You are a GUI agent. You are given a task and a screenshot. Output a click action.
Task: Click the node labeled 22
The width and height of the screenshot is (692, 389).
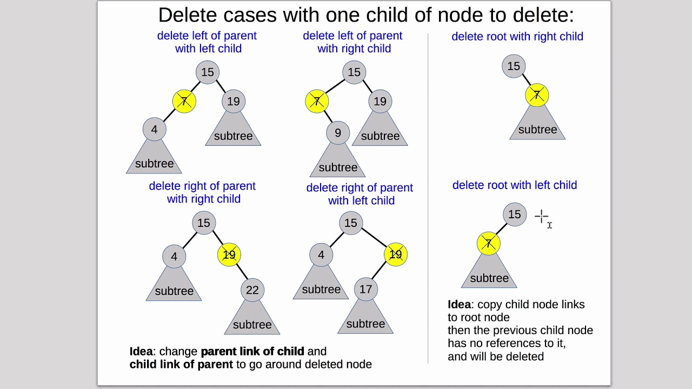click(252, 290)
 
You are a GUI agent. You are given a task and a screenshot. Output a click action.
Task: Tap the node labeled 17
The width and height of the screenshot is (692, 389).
click(366, 289)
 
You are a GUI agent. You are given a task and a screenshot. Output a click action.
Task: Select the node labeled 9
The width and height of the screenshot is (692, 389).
click(338, 133)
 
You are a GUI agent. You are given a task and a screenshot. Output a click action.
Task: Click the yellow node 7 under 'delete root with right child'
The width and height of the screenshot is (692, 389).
click(537, 95)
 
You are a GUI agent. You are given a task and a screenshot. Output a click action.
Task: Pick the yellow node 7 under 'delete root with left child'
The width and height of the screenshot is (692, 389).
click(488, 244)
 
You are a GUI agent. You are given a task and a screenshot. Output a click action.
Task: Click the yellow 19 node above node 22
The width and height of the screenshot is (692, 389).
click(229, 254)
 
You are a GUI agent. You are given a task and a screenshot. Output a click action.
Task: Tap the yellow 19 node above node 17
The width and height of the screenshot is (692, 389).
click(396, 254)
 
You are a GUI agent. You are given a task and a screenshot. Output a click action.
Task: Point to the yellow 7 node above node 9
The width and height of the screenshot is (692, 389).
click(317, 101)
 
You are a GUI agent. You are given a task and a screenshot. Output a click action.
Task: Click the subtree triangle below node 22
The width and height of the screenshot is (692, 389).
click(252, 318)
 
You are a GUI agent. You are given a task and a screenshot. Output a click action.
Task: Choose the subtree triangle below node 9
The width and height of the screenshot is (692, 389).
click(338, 160)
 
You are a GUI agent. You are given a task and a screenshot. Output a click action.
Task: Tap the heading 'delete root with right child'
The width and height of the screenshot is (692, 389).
click(517, 36)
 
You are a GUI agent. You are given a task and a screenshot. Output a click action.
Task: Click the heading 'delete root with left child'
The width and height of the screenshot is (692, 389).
click(515, 185)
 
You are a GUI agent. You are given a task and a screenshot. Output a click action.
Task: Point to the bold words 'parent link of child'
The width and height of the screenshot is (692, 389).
click(252, 351)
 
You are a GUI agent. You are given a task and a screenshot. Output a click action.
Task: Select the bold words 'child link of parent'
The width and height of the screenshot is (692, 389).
click(181, 364)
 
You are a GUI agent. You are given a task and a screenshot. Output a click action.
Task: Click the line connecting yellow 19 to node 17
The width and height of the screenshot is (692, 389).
click(379, 271)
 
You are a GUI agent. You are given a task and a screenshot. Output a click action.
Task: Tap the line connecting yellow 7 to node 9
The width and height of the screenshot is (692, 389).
click(328, 117)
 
